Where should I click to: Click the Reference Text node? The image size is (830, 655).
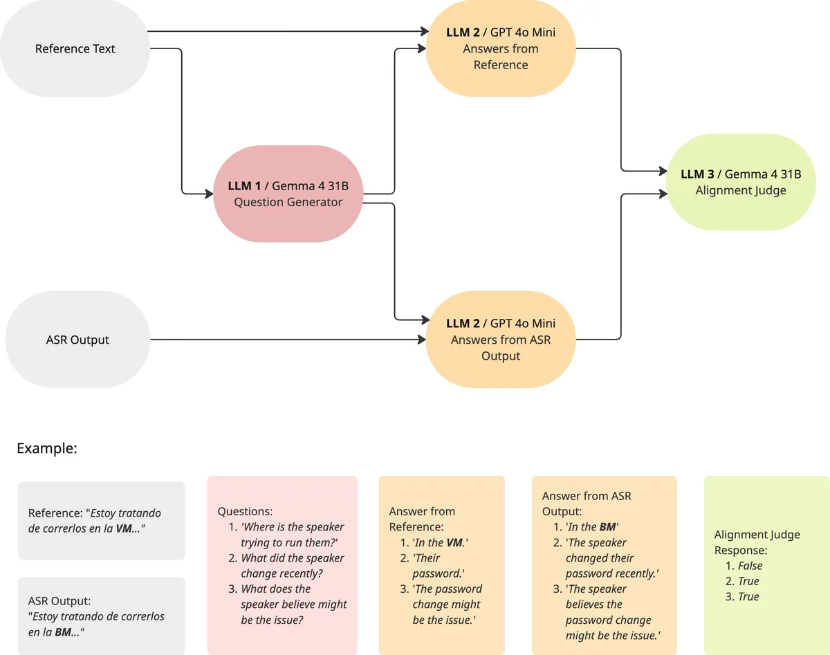(75, 48)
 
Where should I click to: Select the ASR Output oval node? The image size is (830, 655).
(77, 340)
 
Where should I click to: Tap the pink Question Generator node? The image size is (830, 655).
(288, 194)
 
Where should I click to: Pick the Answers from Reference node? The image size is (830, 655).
(501, 48)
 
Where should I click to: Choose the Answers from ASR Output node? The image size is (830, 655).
(501, 340)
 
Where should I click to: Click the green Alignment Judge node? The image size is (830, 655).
(741, 182)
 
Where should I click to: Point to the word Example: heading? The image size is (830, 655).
(47, 448)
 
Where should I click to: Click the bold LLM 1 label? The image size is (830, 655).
(244, 186)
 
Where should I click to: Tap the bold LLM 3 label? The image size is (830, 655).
(697, 174)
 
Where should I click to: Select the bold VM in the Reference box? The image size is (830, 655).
(124, 528)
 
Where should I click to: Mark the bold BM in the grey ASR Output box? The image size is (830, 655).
(63, 632)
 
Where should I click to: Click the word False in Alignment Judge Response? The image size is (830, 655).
(750, 566)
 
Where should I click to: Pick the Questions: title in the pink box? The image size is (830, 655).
(245, 512)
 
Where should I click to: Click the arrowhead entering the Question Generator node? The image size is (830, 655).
(210, 194)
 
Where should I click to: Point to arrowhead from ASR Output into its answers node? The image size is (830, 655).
(422, 340)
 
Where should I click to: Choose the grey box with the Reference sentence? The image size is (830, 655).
(102, 521)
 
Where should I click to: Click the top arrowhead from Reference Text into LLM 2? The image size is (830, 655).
(425, 31)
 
